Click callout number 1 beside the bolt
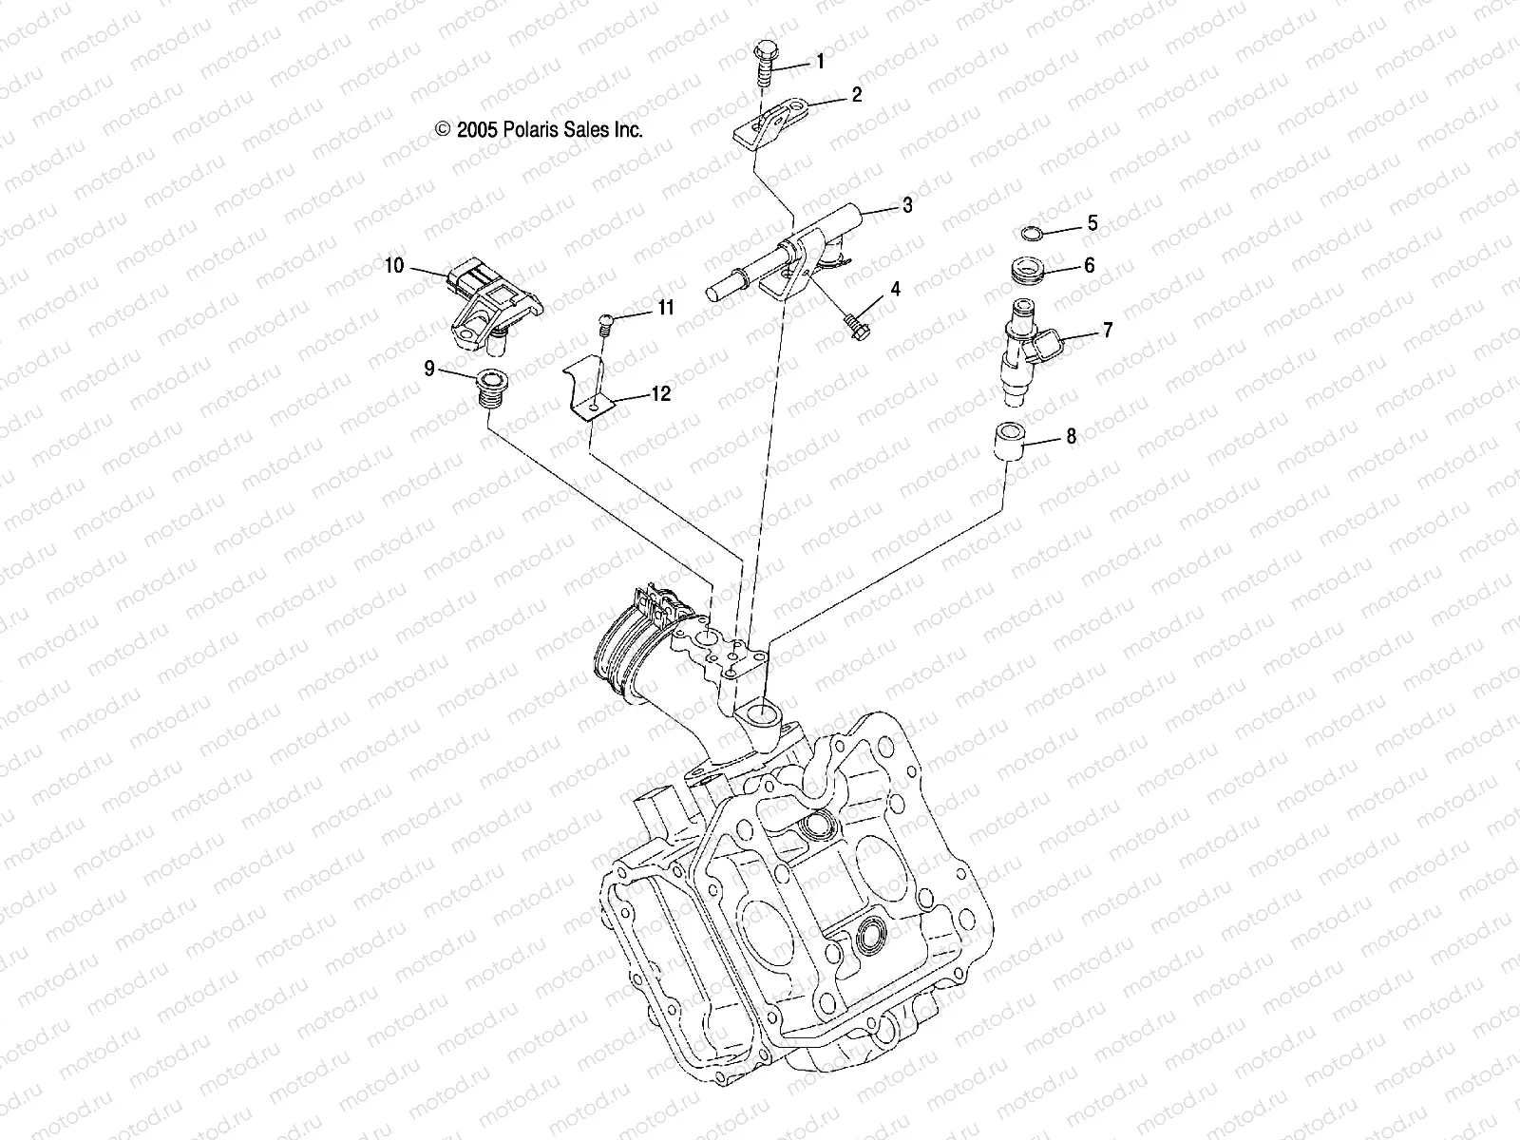(819, 63)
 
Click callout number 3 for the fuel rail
(907, 205)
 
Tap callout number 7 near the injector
(1107, 331)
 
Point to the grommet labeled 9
(490, 388)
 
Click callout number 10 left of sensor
(394, 266)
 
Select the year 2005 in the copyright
(473, 130)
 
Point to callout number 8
(1071, 437)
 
